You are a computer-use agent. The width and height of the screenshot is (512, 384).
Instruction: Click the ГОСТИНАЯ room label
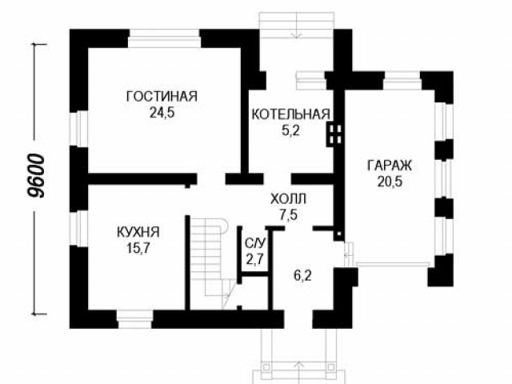coord(162,97)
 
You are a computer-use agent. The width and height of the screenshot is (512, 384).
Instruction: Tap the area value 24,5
coord(162,113)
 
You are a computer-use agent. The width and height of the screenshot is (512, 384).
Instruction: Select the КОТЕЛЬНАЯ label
coord(291,114)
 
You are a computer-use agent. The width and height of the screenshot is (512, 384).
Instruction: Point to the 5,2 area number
coord(290,131)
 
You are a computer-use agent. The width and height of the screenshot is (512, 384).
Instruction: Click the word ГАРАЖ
coord(390,166)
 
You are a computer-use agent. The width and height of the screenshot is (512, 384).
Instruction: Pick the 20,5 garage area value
coord(390,182)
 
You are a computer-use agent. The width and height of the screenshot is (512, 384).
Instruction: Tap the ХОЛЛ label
coord(289,199)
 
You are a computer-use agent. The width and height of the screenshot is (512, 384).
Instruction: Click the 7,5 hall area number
coord(289,215)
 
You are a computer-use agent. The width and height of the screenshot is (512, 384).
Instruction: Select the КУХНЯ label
coord(138,232)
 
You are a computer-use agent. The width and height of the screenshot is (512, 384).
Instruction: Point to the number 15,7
coord(138,249)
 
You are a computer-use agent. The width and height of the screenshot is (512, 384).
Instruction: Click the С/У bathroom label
coord(256,243)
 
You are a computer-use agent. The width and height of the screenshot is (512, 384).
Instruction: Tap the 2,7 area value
coord(255,260)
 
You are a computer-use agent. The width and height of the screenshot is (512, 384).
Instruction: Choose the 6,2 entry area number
coord(302,276)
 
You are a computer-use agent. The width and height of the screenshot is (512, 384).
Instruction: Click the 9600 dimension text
coord(35,176)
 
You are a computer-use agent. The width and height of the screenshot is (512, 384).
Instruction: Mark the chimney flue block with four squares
coord(334,134)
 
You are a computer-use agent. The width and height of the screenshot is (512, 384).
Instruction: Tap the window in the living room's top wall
coord(164,38)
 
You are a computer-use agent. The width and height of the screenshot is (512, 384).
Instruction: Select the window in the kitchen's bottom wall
coord(134,318)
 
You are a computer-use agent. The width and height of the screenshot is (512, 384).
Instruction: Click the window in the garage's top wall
coord(402,79)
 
